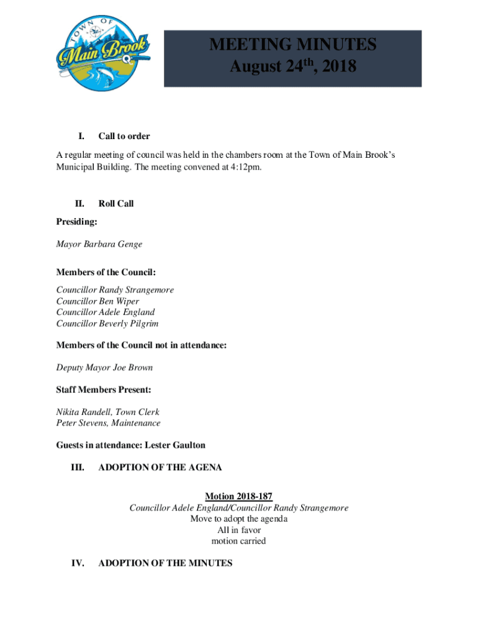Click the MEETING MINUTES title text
click(293, 45)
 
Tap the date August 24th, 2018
click(293, 66)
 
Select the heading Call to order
click(124, 136)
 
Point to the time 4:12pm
click(245, 166)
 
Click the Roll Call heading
click(116, 204)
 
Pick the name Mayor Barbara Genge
click(99, 244)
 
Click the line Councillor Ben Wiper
click(97, 301)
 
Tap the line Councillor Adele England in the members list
click(106, 312)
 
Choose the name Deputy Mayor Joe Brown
click(104, 368)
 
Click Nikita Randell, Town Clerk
click(108, 412)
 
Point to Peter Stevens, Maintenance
click(108, 423)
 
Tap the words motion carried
click(239, 541)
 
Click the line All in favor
click(239, 530)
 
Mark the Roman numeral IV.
click(78, 563)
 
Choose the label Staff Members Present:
click(104, 390)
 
